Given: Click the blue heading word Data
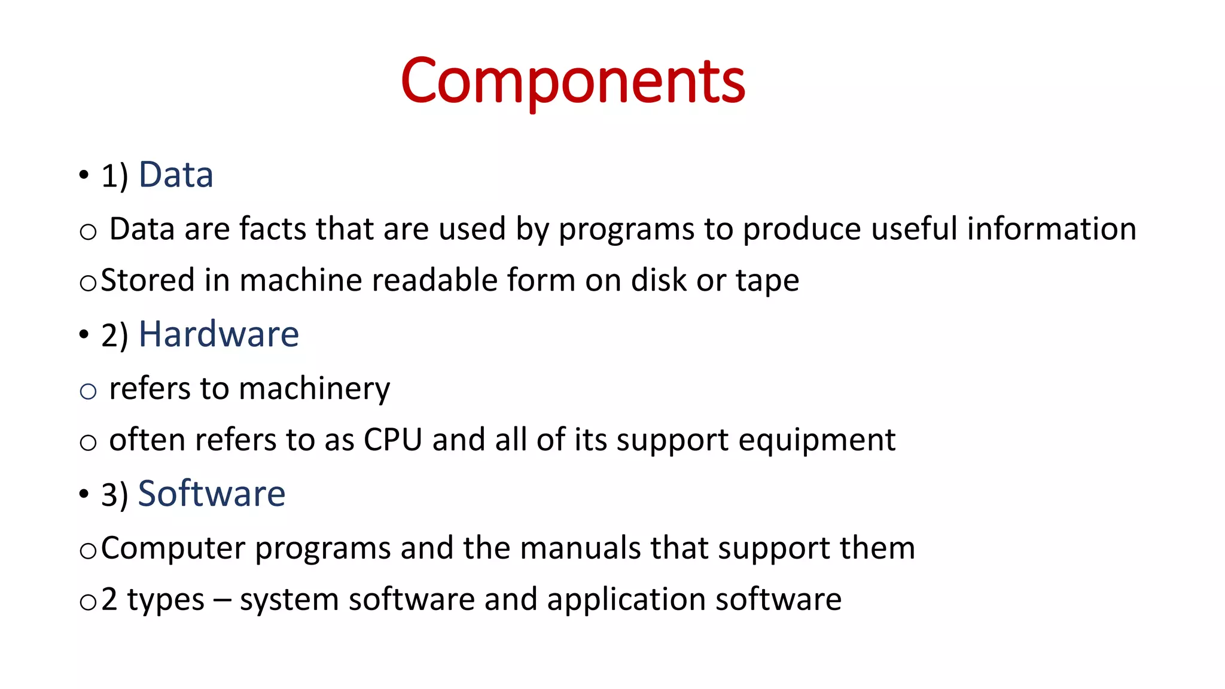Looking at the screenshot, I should coord(176,175).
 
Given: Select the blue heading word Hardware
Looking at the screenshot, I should coord(218,334).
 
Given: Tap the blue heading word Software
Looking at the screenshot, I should coord(212,494).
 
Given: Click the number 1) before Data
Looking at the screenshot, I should coord(115,176).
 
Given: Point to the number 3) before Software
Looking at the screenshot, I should coord(115,495).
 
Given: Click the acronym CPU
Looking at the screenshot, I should coord(393,440).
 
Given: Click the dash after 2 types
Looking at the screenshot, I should coord(222,600).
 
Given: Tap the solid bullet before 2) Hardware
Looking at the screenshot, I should coord(84,334).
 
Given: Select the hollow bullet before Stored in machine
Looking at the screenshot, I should coord(88,283).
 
